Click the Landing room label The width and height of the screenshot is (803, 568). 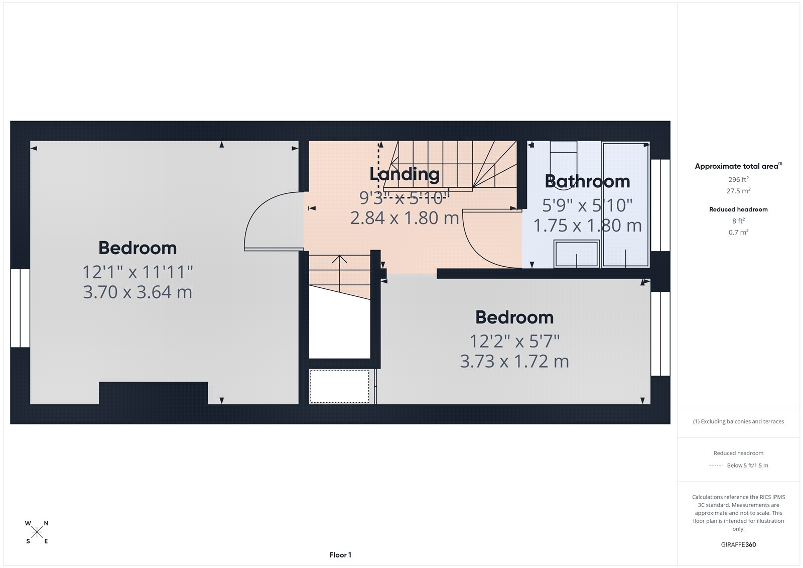405,174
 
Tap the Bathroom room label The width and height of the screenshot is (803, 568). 587,181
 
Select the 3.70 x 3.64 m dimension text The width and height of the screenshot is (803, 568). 138,292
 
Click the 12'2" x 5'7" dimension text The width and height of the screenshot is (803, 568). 514,342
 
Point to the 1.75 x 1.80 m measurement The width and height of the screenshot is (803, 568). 587,225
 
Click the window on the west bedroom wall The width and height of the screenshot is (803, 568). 20,308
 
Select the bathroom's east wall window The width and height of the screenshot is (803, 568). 660,205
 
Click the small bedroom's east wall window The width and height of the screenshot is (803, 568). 660,334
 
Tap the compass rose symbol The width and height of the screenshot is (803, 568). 37,532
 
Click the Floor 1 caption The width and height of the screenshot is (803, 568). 340,555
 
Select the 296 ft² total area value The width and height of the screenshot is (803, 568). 738,179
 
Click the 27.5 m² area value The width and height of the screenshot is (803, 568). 738,191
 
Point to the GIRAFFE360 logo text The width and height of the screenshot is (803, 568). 738,544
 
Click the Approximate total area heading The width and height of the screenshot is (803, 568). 737,166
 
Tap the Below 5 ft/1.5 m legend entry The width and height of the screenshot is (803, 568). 747,466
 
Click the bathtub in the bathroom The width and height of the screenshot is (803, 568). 625,205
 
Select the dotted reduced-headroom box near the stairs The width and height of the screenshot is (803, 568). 340,386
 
